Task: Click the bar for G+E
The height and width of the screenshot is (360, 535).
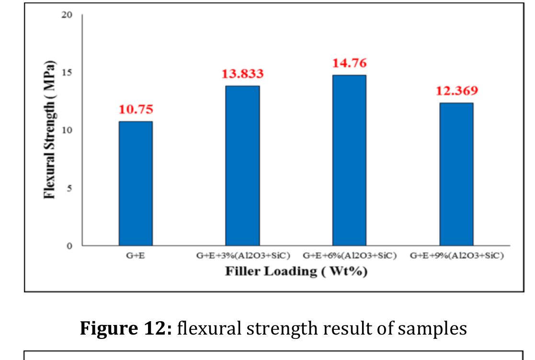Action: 136,184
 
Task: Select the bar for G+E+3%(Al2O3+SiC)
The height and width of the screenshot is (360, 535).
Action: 242,166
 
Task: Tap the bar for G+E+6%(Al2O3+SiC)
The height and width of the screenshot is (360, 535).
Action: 350,161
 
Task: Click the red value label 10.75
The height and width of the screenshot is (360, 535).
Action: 136,109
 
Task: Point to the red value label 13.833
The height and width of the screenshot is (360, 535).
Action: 242,74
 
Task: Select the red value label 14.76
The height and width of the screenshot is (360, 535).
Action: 350,63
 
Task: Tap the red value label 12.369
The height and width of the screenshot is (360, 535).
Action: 456,91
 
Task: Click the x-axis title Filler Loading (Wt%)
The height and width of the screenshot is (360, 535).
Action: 296,271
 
